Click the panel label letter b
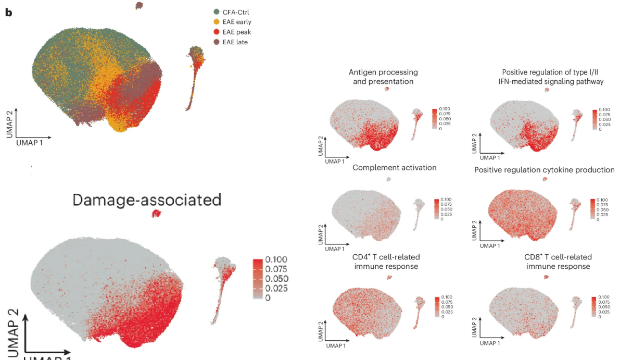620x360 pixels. [8, 12]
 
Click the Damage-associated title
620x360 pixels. [147, 200]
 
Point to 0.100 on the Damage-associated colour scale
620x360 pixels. [276, 259]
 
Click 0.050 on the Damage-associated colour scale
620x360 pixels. [276, 279]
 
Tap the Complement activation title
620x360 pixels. [394, 167]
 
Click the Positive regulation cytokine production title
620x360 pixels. [544, 170]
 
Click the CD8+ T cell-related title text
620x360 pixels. [558, 257]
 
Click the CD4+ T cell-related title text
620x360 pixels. [386, 257]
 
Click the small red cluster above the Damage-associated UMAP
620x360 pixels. [156, 214]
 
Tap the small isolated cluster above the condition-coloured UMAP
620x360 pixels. [139, 6]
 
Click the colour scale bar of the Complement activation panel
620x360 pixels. [435, 208]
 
